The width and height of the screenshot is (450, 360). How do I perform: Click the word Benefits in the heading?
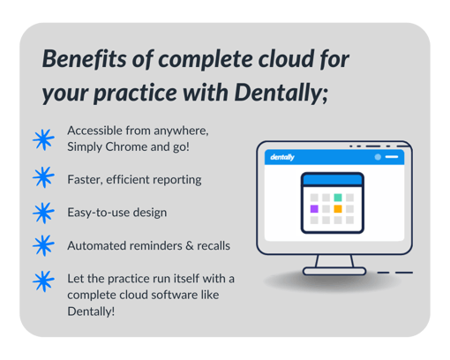click(x=84, y=59)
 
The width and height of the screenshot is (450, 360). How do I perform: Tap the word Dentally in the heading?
click(x=281, y=93)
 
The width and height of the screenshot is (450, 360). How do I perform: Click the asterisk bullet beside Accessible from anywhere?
click(x=43, y=139)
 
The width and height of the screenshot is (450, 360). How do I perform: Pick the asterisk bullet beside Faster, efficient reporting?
click(x=43, y=177)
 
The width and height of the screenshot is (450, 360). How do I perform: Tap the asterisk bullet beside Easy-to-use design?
click(x=43, y=213)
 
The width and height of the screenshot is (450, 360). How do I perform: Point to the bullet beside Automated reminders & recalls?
click(x=43, y=245)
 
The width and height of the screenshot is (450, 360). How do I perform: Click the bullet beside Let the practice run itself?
click(x=43, y=281)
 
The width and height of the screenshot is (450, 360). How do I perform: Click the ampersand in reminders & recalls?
click(x=190, y=246)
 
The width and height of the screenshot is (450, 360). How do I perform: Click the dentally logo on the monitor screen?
click(x=282, y=157)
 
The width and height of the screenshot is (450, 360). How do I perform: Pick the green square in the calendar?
click(x=338, y=198)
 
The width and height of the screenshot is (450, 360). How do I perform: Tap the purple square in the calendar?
click(x=314, y=209)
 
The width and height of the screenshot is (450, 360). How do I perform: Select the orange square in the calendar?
click(x=338, y=209)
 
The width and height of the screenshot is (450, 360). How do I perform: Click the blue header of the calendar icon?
click(x=333, y=180)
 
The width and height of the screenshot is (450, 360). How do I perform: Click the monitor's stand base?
click(x=334, y=271)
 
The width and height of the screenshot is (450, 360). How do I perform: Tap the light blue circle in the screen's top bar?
click(x=378, y=157)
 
